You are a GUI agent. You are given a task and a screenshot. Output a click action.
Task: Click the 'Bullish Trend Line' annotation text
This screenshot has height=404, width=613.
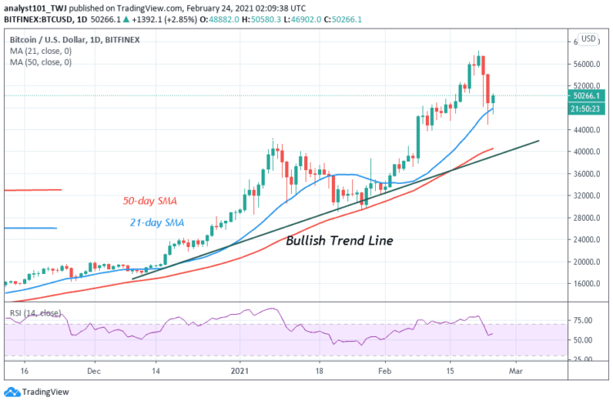pyautogui.click(x=339, y=241)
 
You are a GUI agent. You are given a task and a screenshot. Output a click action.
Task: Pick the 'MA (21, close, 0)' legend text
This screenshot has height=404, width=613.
pyautogui.click(x=42, y=51)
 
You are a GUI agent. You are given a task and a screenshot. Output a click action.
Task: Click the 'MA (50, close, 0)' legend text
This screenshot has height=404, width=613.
pyautogui.click(x=42, y=62)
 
